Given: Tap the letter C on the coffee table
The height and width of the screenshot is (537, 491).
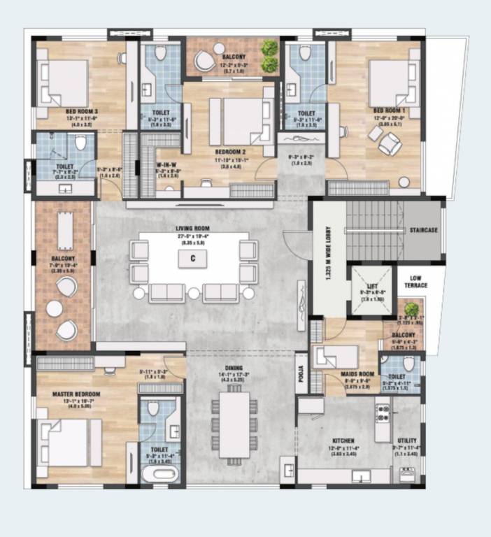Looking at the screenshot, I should click(189, 259).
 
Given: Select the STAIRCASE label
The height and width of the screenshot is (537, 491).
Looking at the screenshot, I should click(425, 229).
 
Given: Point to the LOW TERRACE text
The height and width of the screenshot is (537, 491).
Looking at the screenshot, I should click(428, 282).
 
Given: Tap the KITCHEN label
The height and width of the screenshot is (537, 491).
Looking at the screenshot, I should click(341, 441).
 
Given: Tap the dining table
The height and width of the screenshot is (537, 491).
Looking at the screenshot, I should click(234, 424).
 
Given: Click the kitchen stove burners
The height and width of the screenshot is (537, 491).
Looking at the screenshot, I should click(381, 413).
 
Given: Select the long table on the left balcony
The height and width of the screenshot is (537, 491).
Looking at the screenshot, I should click(64, 231).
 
